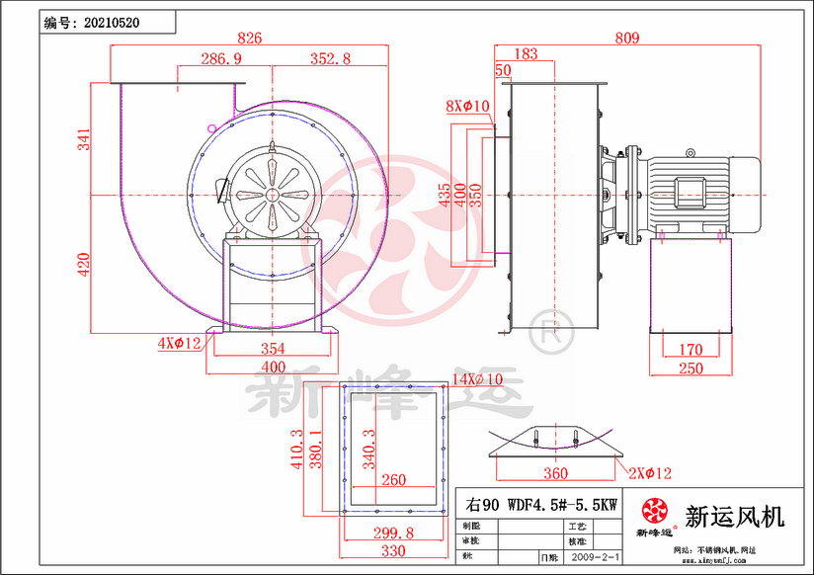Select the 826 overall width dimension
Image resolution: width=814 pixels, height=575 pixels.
(x=249, y=39)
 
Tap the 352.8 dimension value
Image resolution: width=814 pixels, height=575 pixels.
(x=330, y=59)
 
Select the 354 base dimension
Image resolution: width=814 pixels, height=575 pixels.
(x=273, y=349)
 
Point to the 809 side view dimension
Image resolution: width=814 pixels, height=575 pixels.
(x=626, y=39)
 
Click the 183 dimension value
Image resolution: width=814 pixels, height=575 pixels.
(x=527, y=54)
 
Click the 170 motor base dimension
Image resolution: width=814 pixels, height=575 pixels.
(x=692, y=349)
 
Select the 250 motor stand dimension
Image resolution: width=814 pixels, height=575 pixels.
(x=692, y=368)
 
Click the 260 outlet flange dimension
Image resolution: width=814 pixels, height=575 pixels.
(x=392, y=481)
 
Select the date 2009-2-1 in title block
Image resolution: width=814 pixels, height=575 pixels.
(x=597, y=558)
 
